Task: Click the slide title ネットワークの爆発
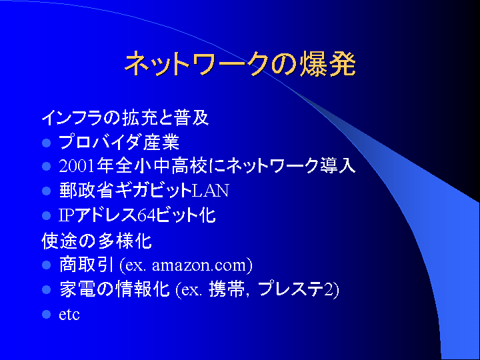(240, 64)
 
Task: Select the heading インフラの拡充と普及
(125, 117)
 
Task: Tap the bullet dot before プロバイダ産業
(46, 143)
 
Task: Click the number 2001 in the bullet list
(77, 166)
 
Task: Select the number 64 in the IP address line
(147, 215)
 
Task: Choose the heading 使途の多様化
(97, 241)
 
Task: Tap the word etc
(69, 315)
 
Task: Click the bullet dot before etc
(46, 315)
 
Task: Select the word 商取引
(87, 265)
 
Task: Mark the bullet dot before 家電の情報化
(46, 289)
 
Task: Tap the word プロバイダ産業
(119, 143)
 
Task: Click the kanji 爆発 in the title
(328, 64)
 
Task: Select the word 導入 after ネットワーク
(337, 166)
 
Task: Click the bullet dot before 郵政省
(46, 191)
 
